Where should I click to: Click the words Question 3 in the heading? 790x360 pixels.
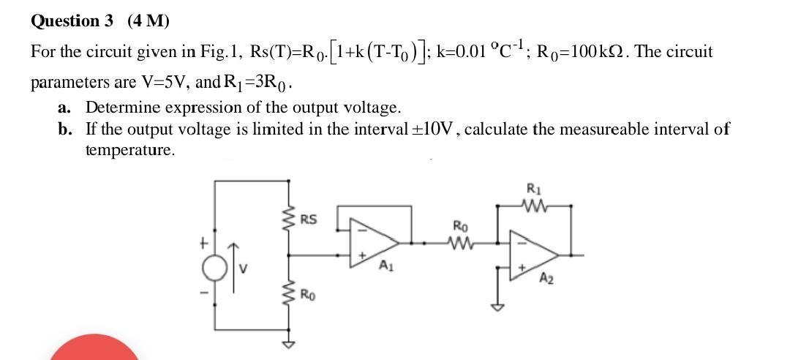tap(72, 20)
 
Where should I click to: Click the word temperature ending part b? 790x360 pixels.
tap(129, 150)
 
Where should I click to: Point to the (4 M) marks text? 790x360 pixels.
tap(148, 20)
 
